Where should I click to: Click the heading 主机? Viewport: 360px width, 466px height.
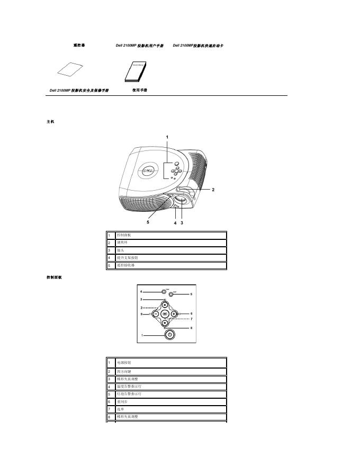50,122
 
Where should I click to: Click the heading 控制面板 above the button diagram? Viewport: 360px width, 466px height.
55,277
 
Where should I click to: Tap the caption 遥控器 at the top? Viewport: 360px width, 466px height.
79,46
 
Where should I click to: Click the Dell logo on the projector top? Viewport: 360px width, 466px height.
149,171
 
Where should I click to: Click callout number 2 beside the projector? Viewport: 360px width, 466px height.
213,189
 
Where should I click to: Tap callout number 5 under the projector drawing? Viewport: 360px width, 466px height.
148,222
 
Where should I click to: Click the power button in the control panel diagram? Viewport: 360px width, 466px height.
169,335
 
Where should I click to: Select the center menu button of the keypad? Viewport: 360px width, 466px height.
165,313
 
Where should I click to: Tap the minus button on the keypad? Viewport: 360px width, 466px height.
156,313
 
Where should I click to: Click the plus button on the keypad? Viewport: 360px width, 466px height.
174,313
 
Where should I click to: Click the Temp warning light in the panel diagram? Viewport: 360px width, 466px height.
164,291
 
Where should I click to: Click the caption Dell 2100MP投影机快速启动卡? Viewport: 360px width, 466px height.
198,46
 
